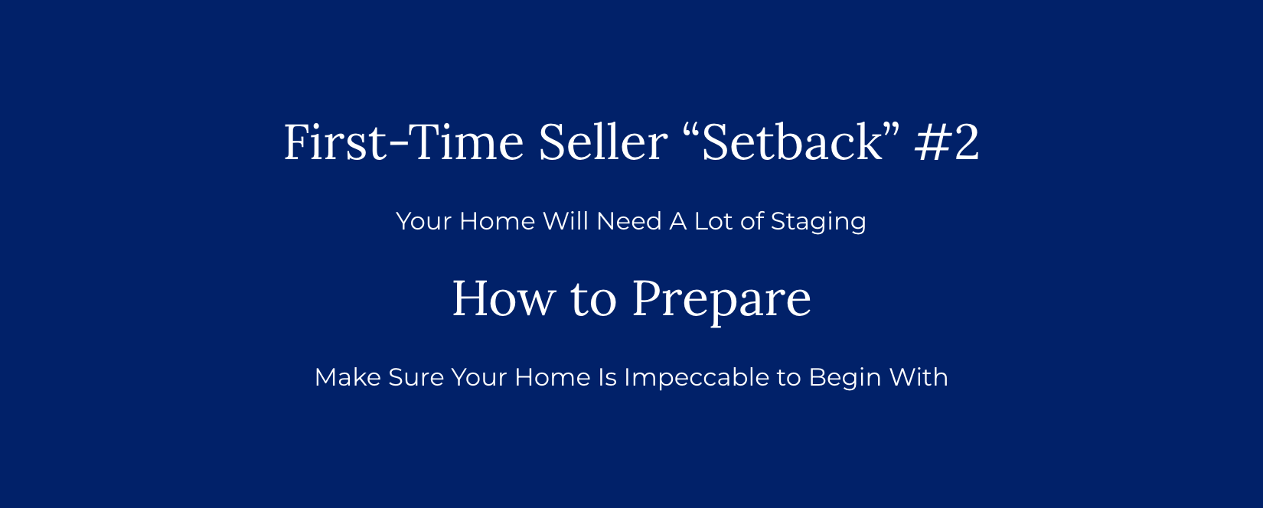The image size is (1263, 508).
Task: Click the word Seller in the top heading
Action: point(602,142)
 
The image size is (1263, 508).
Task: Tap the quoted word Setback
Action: point(791,142)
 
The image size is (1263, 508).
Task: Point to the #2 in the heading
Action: point(948,142)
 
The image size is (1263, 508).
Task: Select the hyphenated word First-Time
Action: point(403,142)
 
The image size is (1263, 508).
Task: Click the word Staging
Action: point(818,222)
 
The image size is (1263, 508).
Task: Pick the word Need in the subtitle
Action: point(629,221)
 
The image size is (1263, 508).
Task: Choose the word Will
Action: point(566,221)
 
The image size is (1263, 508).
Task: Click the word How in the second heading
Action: point(504,299)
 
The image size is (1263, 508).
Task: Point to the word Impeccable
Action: point(697,378)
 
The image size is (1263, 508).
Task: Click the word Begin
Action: point(844,378)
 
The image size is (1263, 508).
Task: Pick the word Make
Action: point(348,377)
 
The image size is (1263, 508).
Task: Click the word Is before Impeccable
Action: point(607,377)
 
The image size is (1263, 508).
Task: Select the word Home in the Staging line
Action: point(497,221)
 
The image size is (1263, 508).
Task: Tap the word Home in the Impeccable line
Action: point(552,377)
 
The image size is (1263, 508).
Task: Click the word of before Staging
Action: point(752,220)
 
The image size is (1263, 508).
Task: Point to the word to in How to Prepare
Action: point(594,301)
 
